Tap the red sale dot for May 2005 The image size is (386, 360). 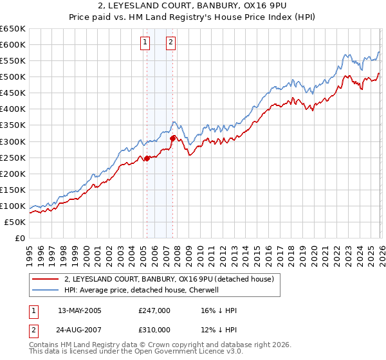pyautogui.click(x=147, y=158)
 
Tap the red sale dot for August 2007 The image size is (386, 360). pyautogui.click(x=172, y=138)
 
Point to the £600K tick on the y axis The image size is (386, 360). pyautogui.click(x=13, y=44)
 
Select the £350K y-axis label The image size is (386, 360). pyautogui.click(x=13, y=125)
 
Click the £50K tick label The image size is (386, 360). pyautogui.click(x=15, y=222)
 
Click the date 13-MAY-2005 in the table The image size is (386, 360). pyautogui.click(x=80, y=310)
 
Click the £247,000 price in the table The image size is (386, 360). pyautogui.click(x=154, y=310)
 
